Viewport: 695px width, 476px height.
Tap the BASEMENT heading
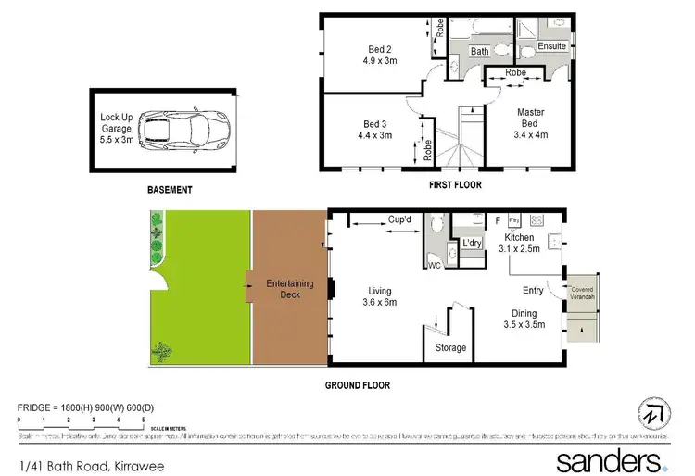(170, 190)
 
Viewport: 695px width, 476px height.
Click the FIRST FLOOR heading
(452, 186)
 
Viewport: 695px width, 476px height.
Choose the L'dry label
(471, 243)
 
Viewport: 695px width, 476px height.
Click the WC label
(433, 266)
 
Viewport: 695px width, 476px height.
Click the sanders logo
(609, 459)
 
